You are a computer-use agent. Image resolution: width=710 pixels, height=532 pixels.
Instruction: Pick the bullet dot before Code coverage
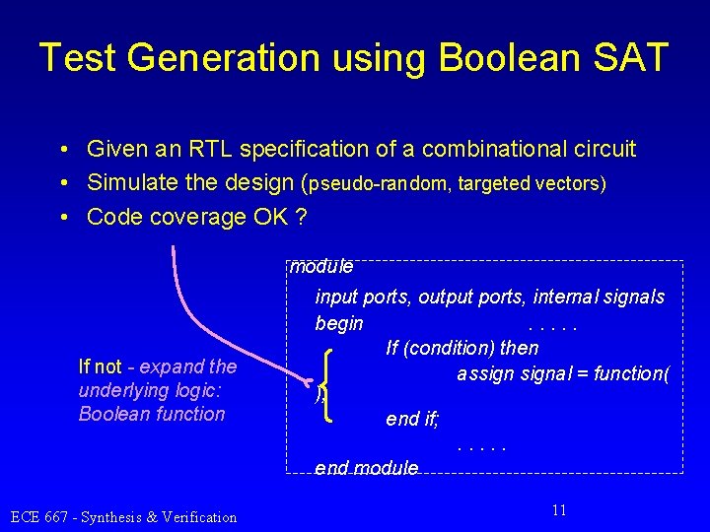pos(62,217)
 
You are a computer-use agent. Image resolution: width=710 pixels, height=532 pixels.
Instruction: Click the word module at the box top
pos(321,266)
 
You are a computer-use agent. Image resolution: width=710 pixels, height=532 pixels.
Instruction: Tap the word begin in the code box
pos(339,323)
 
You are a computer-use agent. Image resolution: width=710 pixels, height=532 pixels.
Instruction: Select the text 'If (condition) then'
pos(462,348)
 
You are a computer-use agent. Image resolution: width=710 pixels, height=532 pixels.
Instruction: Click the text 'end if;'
pos(413,420)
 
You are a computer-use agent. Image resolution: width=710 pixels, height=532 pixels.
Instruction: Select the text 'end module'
pos(366,467)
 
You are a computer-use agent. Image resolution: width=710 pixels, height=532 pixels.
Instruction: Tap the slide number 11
pos(559,510)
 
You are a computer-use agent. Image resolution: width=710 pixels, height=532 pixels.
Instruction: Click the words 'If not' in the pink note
pos(100,367)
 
